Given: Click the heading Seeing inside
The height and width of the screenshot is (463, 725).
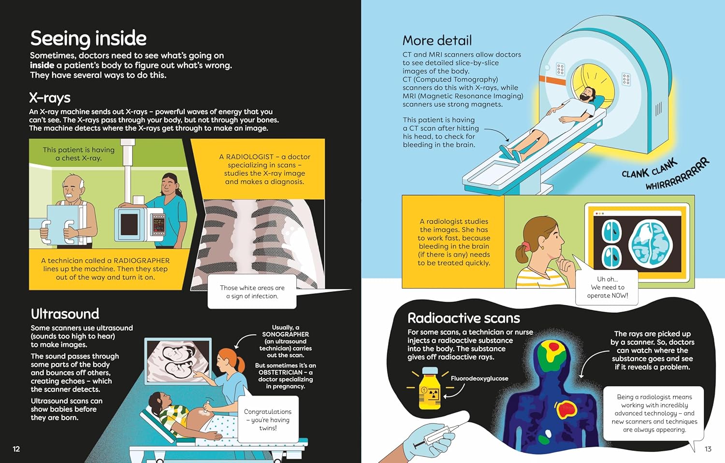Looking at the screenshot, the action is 88,39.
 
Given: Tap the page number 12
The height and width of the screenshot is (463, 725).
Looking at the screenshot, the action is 16,449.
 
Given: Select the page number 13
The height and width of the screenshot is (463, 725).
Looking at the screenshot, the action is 708,449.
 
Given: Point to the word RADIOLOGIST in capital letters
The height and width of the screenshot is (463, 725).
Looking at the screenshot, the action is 250,157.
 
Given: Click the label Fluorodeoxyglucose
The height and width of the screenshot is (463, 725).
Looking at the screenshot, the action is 479,379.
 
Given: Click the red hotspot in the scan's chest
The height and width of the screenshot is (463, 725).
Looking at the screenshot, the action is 567,409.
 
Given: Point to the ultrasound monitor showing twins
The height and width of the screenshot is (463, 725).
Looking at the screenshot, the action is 178,361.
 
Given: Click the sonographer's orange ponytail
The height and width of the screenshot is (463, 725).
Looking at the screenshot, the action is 241,364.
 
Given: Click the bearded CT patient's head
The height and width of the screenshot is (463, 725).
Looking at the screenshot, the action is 588,95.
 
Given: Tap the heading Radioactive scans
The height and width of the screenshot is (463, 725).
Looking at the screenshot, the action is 464,318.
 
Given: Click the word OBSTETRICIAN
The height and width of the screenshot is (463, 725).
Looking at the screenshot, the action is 281,372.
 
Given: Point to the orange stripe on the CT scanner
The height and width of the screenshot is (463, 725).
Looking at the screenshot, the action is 552,80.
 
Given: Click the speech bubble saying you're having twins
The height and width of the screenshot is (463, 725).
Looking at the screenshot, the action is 268,420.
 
